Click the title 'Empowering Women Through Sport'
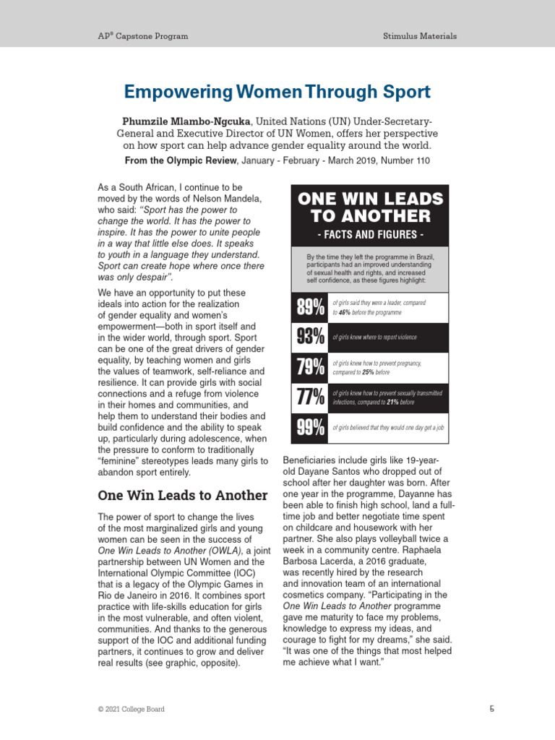[x=277, y=92]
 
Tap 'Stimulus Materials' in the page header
[x=420, y=35]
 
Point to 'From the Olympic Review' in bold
[x=177, y=160]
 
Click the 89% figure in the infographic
[x=309, y=308]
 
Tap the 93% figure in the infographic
[x=309, y=337]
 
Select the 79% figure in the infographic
[x=309, y=367]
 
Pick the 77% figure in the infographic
[x=309, y=397]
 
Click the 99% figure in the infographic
[x=309, y=428]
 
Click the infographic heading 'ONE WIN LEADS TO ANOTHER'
[x=370, y=207]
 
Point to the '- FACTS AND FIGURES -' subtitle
[x=370, y=234]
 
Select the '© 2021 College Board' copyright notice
[x=131, y=710]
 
